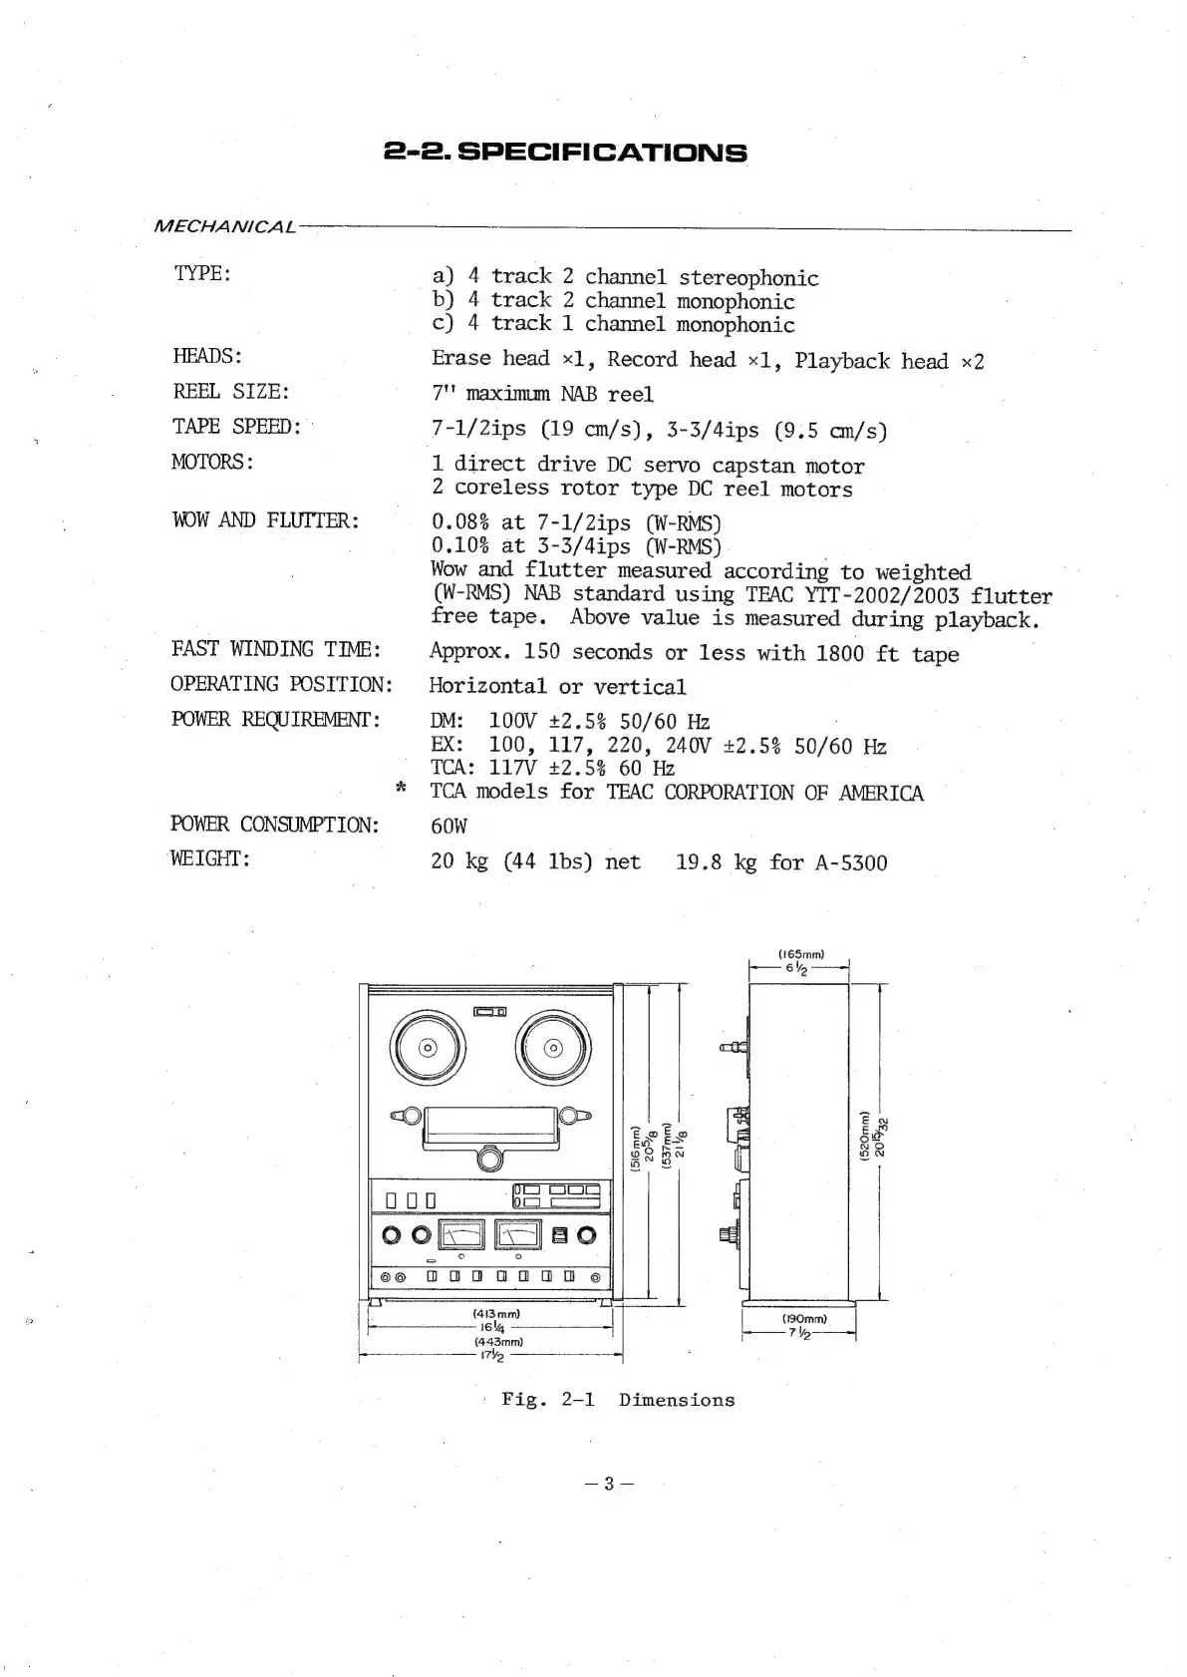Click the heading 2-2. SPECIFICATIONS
[x=565, y=153]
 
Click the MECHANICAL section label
[x=224, y=227]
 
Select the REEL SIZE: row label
[x=231, y=392]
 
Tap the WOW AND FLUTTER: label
[x=265, y=520]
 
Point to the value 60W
[x=448, y=827]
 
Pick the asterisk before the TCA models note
[x=400, y=790]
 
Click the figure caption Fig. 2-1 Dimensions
[x=617, y=1400]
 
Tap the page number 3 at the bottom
[x=610, y=1483]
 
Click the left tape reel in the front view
[x=429, y=1048]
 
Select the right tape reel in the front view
[x=554, y=1048]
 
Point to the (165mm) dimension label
[x=800, y=954]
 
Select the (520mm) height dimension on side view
[x=864, y=1137]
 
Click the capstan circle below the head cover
[x=490, y=1159]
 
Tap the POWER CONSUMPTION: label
[x=275, y=825]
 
